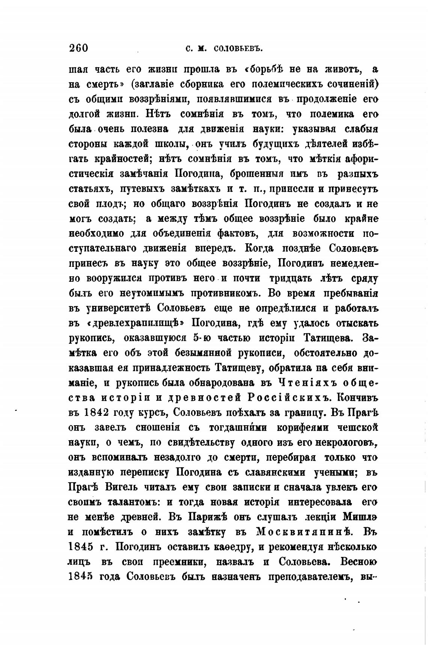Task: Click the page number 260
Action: click(x=78, y=48)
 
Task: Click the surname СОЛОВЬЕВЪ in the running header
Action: click(x=237, y=49)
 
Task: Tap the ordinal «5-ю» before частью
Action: click(x=203, y=338)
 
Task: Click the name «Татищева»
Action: click(x=327, y=338)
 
